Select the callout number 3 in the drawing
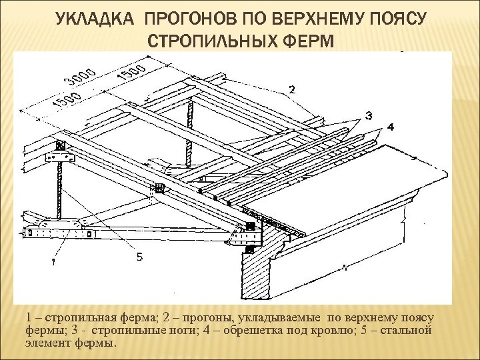point(369,117)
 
